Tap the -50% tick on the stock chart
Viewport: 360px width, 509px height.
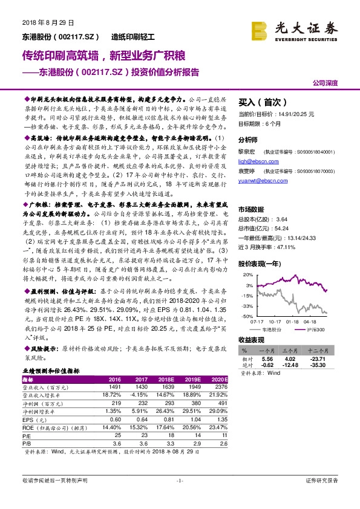tap(246, 316)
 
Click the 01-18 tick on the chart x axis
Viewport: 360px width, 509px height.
tap(292, 322)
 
